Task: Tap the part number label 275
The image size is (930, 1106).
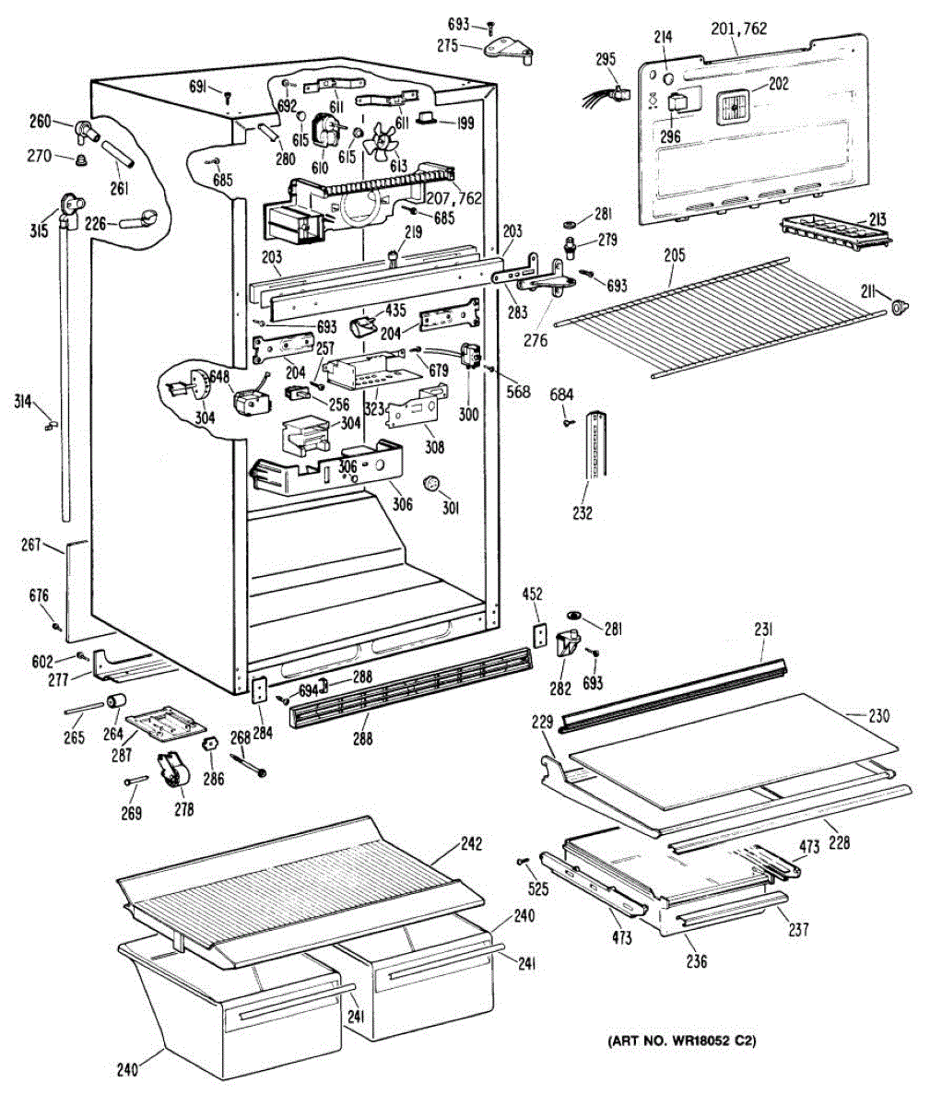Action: click(x=448, y=46)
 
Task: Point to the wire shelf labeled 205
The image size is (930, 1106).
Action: click(x=719, y=317)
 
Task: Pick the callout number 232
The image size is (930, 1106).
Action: click(x=582, y=512)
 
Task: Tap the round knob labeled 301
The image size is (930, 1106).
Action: click(x=431, y=483)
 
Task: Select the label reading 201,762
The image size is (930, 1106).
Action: click(x=739, y=28)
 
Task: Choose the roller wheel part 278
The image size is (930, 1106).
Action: click(x=173, y=774)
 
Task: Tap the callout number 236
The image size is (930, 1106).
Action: click(x=697, y=961)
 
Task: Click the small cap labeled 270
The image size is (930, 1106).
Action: click(x=80, y=159)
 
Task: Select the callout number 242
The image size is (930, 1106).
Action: click(x=471, y=843)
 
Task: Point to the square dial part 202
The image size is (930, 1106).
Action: click(x=734, y=108)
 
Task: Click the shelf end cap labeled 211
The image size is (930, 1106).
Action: click(x=900, y=307)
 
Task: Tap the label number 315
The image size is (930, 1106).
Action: click(x=40, y=231)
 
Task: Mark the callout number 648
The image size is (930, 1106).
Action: click(x=219, y=377)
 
